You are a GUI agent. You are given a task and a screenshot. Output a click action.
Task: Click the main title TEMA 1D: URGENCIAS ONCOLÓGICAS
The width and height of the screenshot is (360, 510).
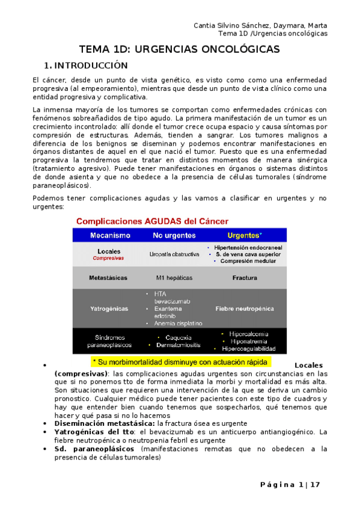(x=180, y=49)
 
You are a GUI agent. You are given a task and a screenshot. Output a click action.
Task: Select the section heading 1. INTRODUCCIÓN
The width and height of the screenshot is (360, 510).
(x=87, y=65)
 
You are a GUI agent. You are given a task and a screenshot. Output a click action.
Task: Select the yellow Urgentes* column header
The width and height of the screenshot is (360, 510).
(x=245, y=235)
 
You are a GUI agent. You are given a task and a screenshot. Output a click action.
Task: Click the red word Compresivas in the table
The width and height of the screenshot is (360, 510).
(x=108, y=258)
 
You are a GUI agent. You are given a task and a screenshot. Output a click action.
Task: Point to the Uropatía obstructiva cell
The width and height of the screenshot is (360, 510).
(x=174, y=254)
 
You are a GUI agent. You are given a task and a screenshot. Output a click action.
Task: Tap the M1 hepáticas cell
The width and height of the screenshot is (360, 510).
(x=174, y=278)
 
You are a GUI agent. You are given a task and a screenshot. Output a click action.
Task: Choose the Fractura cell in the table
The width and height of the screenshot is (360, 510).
(x=245, y=278)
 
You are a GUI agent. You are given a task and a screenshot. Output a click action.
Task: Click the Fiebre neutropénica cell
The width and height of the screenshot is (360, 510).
(x=245, y=308)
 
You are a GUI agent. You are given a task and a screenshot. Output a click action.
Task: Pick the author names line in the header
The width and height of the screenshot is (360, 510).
(x=261, y=25)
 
